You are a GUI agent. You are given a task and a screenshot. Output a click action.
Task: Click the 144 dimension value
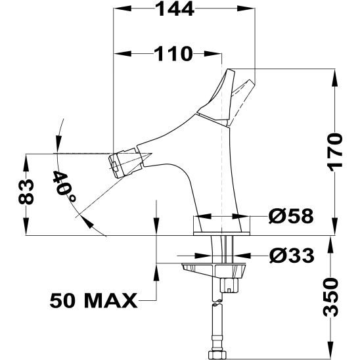pos(175,9)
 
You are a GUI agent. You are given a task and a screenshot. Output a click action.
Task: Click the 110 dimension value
pos(173,54)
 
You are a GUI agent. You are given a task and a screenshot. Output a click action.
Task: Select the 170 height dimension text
pos(336,152)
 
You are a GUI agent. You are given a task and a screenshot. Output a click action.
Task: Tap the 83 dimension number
pos(26,192)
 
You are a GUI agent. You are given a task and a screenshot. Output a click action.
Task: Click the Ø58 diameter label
pos(291,216)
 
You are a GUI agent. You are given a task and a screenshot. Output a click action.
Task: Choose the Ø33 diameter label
pos(292,256)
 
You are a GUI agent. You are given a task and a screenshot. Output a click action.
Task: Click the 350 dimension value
pos(330,298)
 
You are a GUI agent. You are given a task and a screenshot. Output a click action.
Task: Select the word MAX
pos(111,300)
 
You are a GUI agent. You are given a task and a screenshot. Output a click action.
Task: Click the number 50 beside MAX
pos(62,300)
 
